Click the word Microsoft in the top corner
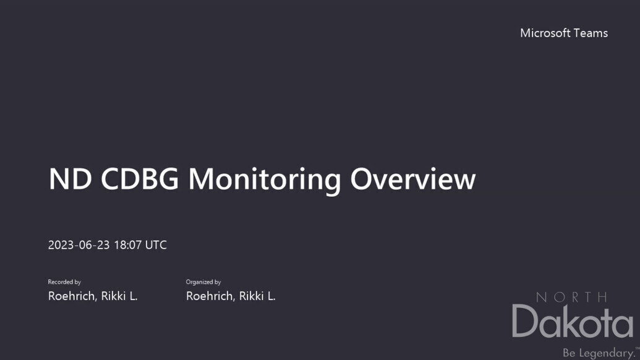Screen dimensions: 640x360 point(545,33)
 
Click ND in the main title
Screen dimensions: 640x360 point(70,179)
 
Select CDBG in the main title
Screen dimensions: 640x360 point(140,179)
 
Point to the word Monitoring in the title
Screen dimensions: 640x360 point(264,180)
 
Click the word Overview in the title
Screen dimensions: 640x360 point(412,179)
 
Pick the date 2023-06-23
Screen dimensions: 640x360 point(79,245)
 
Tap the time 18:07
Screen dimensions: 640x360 point(127,245)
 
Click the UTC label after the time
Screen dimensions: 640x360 point(156,245)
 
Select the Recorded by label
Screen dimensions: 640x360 point(64,282)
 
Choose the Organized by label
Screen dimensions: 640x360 point(203,282)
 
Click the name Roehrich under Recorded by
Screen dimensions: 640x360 point(72,296)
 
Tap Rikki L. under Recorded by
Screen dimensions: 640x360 point(119,296)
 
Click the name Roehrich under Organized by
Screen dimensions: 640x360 point(210,296)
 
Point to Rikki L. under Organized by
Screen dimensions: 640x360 point(257,296)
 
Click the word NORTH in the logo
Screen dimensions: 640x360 point(571,297)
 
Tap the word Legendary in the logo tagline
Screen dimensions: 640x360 point(607,353)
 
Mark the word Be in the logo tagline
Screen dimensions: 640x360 point(569,353)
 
